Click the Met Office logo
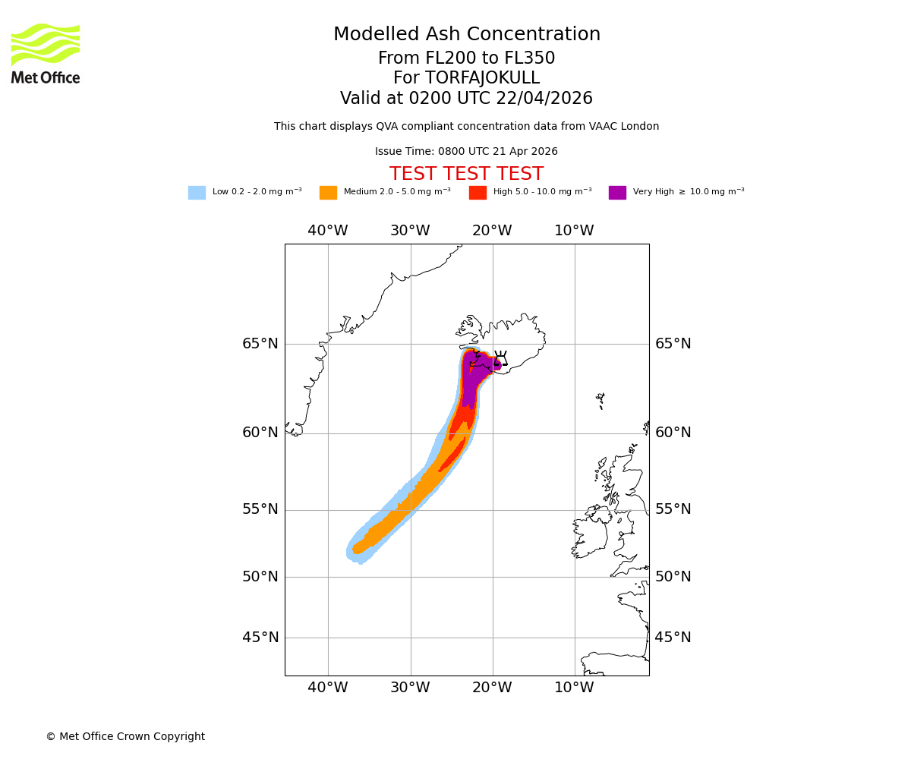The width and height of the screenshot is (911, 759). [x=46, y=53]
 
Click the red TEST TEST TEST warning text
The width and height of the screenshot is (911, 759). [x=466, y=175]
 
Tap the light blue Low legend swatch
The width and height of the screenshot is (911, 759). [x=197, y=193]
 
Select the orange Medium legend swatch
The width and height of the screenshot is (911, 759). [x=328, y=193]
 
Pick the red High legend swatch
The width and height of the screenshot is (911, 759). [x=478, y=193]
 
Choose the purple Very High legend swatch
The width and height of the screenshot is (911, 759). [x=617, y=193]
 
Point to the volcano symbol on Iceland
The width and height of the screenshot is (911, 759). [x=500, y=359]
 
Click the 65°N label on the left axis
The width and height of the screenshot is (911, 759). [x=260, y=344]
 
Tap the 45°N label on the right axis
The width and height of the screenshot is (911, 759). [x=673, y=638]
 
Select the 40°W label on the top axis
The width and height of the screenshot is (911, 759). [x=328, y=231]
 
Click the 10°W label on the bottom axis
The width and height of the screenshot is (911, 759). [x=574, y=688]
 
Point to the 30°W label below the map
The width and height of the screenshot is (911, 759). [x=410, y=688]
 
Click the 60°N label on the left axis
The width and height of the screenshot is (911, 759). [x=260, y=433]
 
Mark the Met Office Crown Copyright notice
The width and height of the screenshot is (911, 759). [x=125, y=736]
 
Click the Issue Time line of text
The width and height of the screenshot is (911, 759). [x=466, y=152]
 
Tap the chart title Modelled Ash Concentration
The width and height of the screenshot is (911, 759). [x=467, y=35]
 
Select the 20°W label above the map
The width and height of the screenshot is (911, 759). [x=492, y=231]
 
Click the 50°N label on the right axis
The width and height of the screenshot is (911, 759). [x=673, y=577]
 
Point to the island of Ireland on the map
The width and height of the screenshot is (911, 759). [x=591, y=535]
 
